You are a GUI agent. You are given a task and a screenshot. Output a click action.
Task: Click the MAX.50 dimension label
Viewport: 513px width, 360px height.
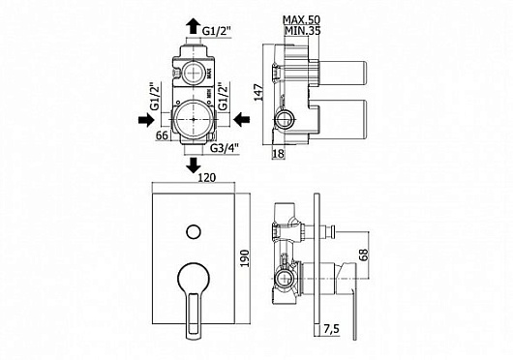pos(301,20)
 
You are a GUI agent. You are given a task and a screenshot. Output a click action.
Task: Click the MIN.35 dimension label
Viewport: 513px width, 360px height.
pos(302,31)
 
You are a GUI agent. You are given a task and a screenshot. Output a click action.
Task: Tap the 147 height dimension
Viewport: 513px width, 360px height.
pos(259,93)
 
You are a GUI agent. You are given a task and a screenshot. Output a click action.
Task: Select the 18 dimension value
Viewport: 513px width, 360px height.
pos(279,153)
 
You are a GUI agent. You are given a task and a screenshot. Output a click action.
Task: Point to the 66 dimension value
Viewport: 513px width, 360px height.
pos(162,135)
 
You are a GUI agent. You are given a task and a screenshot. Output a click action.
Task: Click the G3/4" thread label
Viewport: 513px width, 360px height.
pos(225,148)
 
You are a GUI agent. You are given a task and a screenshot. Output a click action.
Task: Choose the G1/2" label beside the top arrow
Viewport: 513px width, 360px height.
pos(217,31)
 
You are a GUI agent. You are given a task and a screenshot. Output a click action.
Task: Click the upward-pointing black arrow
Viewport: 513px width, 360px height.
pos(194,26)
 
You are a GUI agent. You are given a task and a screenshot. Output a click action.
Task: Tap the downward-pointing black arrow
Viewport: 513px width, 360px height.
pos(194,165)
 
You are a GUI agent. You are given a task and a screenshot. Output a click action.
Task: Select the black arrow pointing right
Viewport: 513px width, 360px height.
pos(146,120)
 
